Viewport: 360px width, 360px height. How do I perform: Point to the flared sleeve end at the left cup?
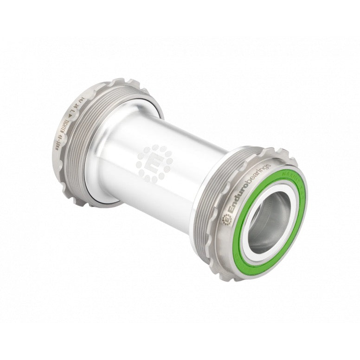point(109,153)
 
